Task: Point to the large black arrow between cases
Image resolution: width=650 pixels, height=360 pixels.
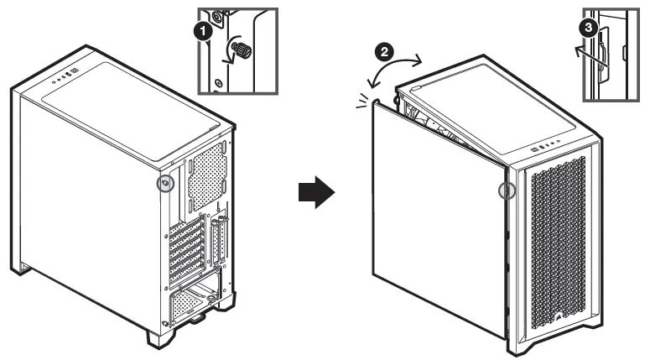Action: (x=316, y=192)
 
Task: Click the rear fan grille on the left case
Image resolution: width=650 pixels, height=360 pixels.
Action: (x=206, y=175)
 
